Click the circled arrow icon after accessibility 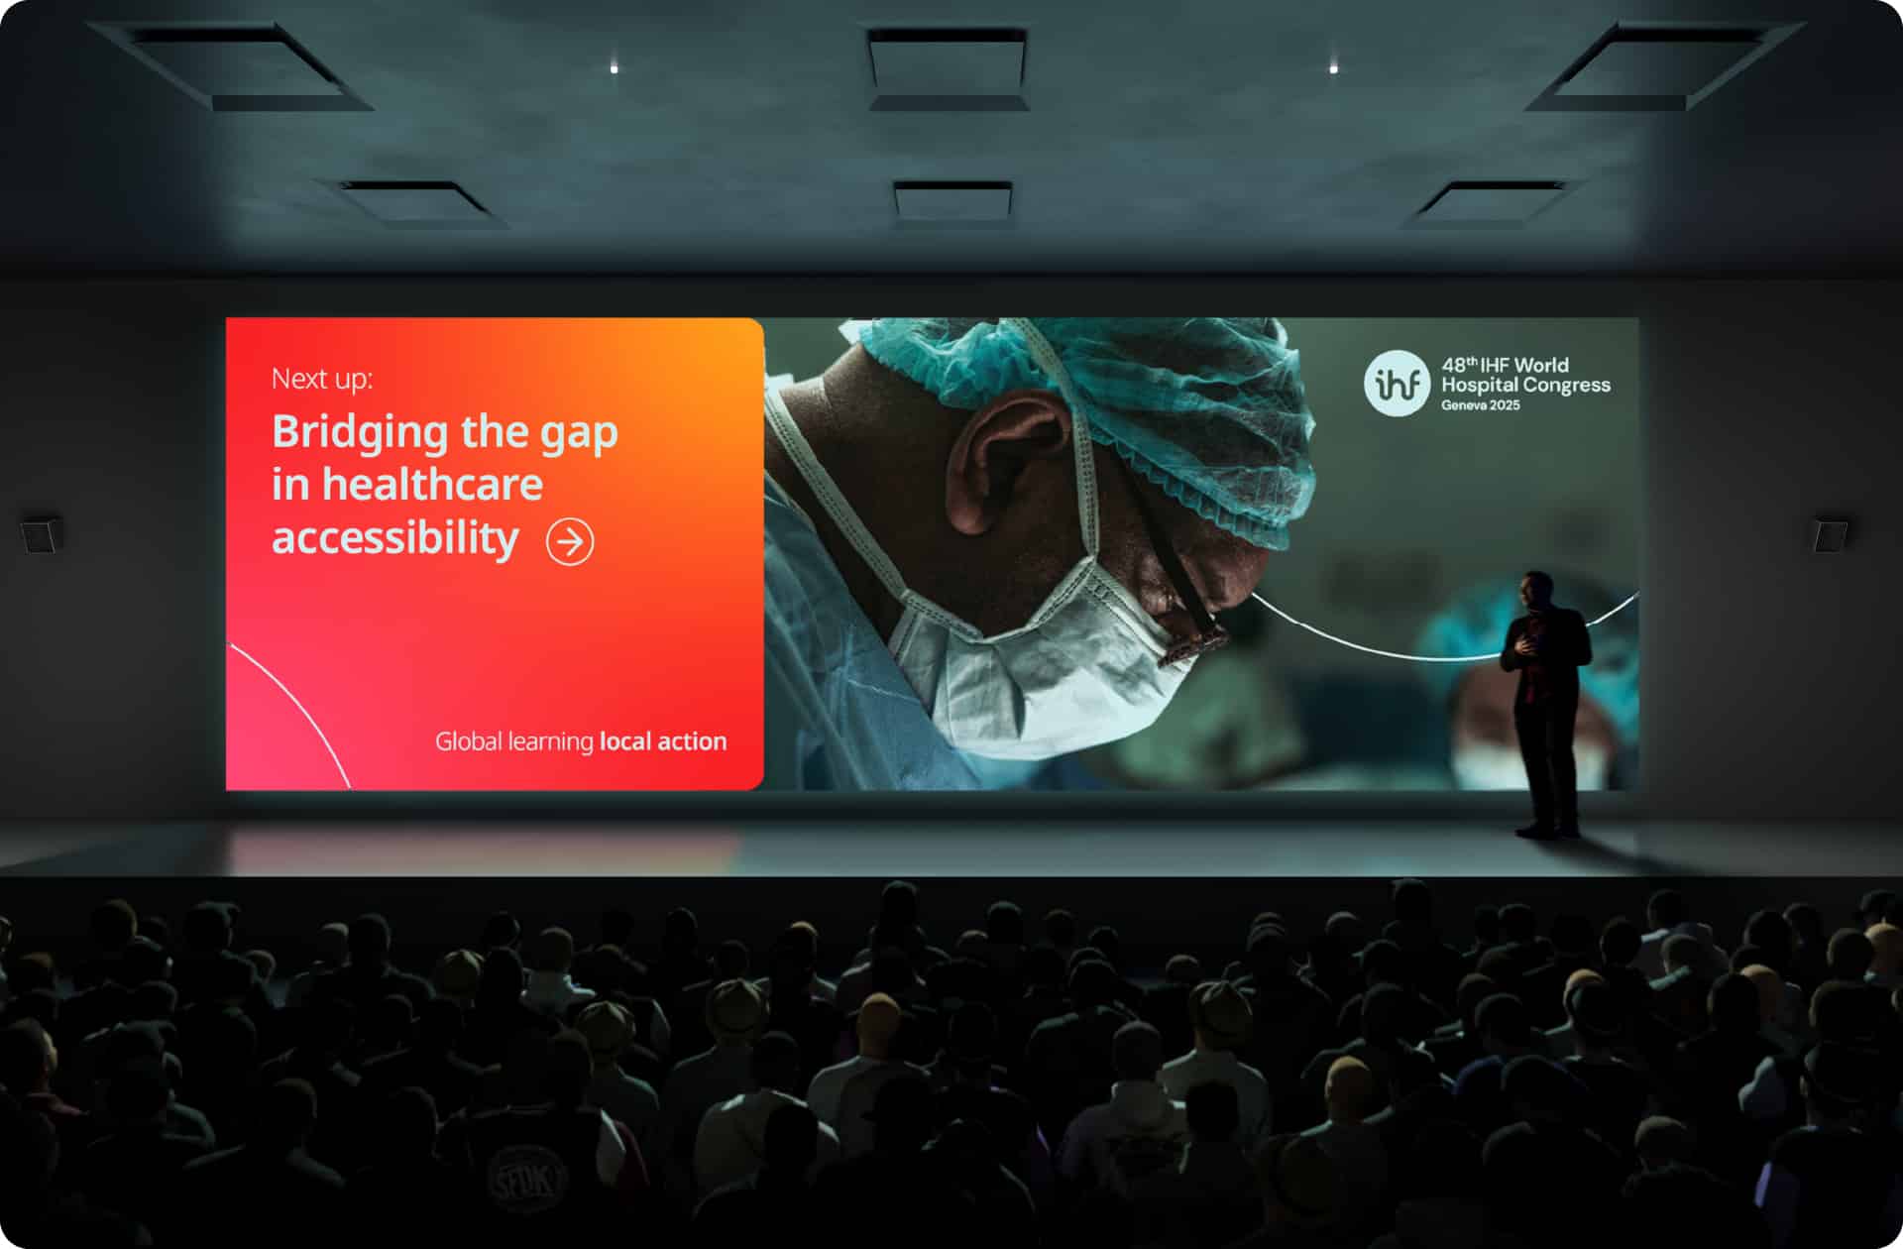point(570,541)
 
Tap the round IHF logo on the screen point(1397,384)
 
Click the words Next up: point(322,379)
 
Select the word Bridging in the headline point(360,433)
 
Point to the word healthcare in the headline point(432,485)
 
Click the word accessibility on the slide point(395,538)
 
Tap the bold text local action point(663,741)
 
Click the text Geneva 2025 point(1481,405)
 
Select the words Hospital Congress point(1525,385)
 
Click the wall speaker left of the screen point(41,533)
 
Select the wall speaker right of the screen point(1830,535)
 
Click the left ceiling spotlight point(615,68)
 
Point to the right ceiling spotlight point(1333,68)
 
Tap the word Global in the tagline point(468,741)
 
